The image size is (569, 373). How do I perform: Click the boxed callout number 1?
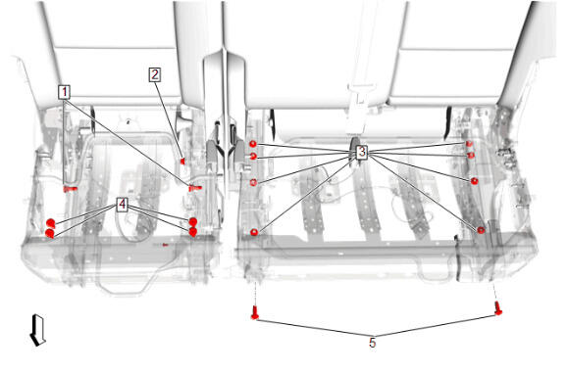(x=64, y=92)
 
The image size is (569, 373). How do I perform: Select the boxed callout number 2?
(x=155, y=74)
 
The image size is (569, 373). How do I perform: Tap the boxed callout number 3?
(x=361, y=152)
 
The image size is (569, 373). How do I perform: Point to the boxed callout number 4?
(x=123, y=205)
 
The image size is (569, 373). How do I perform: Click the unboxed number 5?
(x=373, y=343)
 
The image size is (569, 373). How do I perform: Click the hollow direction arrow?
(x=37, y=330)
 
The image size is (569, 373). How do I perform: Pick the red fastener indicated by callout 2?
(x=182, y=161)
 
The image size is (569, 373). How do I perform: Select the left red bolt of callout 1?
(x=70, y=189)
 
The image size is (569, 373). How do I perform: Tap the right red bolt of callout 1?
(x=195, y=188)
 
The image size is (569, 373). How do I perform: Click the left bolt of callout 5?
(x=255, y=312)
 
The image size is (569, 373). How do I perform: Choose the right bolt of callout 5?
(x=498, y=308)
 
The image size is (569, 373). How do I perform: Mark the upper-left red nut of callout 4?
(x=50, y=222)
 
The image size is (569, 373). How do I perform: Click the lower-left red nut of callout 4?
(x=50, y=233)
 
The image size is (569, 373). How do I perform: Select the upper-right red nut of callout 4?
(x=193, y=221)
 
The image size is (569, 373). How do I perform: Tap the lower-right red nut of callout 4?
(x=193, y=232)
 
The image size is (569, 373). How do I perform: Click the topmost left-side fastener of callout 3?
(x=253, y=144)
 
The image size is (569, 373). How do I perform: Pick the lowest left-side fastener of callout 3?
(x=254, y=232)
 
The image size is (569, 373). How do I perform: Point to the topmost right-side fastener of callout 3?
(x=469, y=144)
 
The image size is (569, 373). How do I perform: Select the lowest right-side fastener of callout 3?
(x=481, y=230)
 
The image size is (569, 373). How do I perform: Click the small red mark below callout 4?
(x=165, y=245)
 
